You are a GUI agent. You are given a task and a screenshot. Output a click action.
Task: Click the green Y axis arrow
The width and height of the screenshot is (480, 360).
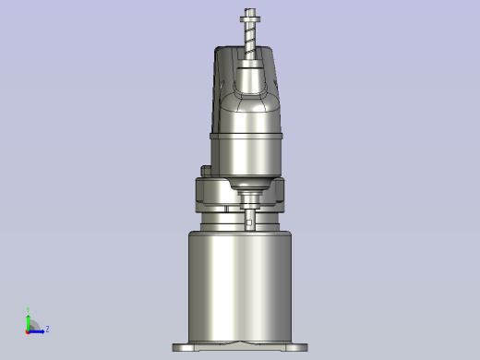coord(28,319)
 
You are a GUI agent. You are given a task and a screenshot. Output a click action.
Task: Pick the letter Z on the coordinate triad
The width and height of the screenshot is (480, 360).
coord(47,329)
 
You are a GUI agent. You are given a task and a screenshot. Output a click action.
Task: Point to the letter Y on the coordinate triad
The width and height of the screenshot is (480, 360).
coord(28,311)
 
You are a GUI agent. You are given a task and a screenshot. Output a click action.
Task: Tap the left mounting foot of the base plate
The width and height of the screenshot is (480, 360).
coord(182,348)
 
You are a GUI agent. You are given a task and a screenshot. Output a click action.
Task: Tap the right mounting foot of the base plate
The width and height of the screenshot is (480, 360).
coord(297,348)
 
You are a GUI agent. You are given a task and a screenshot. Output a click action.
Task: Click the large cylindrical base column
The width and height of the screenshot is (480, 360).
coord(240,282)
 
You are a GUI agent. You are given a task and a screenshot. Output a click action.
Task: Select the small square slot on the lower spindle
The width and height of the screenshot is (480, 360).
coord(251,221)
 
